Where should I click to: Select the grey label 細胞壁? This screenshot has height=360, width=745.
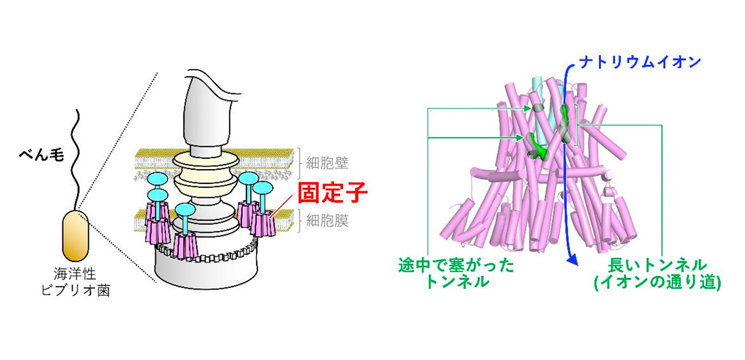(x=328, y=163)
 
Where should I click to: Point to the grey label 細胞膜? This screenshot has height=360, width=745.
(x=327, y=221)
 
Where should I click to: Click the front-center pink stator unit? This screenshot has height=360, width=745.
(x=185, y=245)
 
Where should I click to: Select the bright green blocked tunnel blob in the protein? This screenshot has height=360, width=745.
(x=536, y=143)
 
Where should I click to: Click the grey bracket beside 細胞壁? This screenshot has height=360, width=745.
(x=299, y=162)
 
